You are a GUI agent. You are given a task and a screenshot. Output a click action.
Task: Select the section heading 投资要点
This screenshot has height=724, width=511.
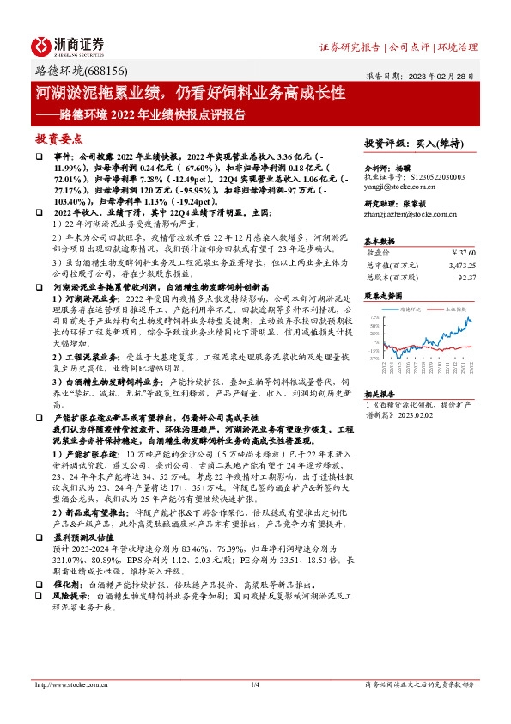(58, 138)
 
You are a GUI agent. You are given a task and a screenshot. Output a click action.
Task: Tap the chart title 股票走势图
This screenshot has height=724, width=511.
(382, 295)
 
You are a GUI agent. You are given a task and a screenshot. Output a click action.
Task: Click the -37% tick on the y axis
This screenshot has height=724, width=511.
(374, 358)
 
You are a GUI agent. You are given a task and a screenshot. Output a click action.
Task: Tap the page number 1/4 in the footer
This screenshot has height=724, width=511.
(255, 684)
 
